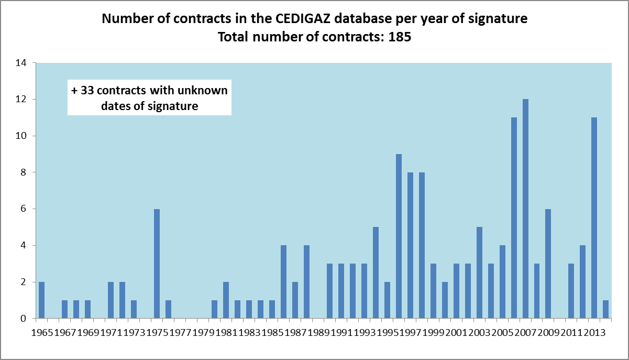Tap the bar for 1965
coord(41,300)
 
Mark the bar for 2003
coord(479,272)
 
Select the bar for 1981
coord(226,300)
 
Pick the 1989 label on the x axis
coord(318,333)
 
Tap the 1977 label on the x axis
coord(180,333)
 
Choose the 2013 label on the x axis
coord(594,333)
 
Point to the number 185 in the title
coord(400,38)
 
